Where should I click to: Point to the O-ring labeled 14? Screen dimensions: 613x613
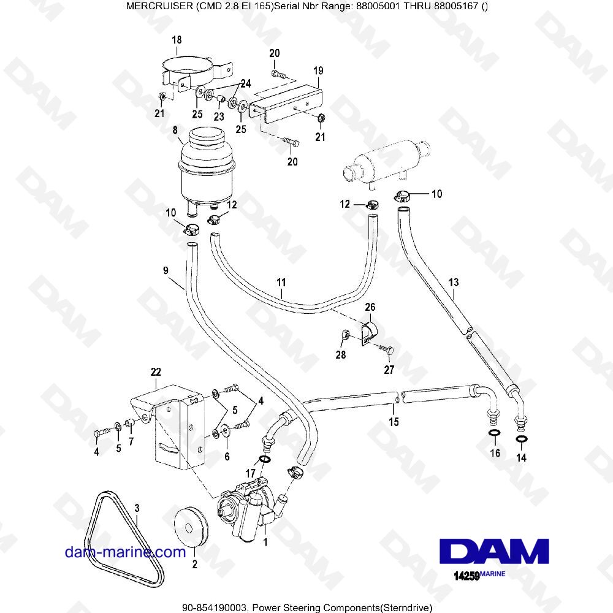522,439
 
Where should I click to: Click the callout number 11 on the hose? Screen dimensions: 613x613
281,283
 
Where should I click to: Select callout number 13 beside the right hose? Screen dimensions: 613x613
454,283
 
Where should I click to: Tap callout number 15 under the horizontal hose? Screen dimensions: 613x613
394,422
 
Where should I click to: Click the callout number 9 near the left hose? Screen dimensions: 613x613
166,269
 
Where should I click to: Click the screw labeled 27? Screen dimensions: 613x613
387,350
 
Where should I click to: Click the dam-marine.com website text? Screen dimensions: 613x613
125,552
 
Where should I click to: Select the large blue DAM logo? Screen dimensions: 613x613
493,550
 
